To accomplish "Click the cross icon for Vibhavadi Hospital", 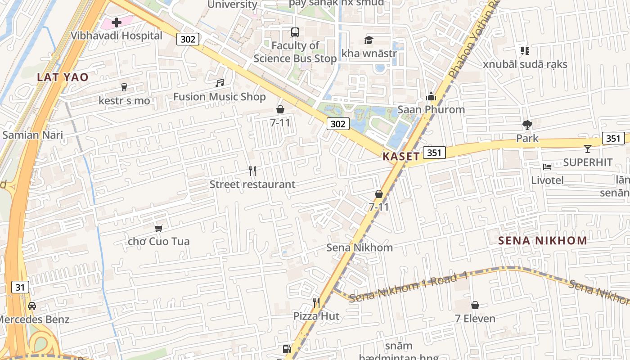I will [117, 22].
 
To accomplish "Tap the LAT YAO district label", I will [63, 77].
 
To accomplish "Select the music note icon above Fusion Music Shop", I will [220, 83].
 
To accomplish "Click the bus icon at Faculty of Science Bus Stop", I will [295, 32].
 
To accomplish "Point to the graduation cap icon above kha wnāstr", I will [369, 40].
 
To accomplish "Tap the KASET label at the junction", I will [401, 157].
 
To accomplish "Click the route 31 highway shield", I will [20, 287].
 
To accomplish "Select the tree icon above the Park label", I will [527, 125].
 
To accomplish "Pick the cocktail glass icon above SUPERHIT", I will [588, 149].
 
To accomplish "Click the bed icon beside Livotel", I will [547, 167].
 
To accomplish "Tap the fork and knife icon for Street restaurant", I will [252, 171].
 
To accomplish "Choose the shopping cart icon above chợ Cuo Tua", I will [158, 228].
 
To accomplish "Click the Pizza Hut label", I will [316, 316].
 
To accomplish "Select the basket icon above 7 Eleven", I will [475, 306].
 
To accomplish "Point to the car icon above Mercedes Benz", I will [32, 306].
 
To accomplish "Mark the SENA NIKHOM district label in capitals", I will [542, 240].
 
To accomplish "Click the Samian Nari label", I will [32, 135].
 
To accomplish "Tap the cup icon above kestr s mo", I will [125, 87].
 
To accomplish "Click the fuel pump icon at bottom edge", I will [286, 349].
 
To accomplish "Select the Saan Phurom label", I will [431, 110].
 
